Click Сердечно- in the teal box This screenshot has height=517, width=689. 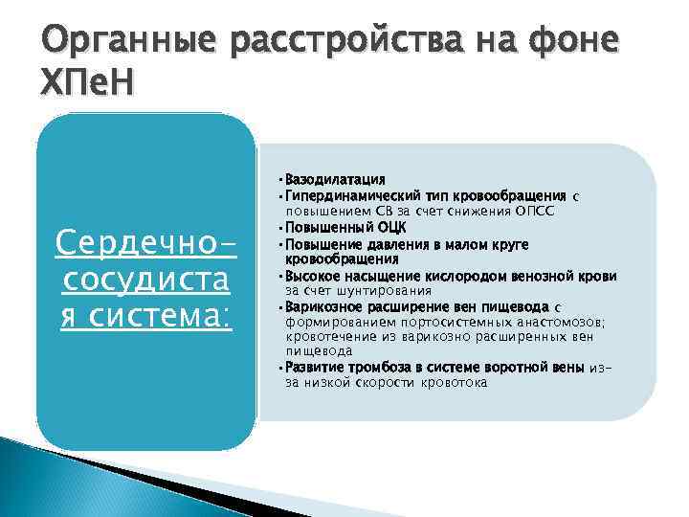[145, 245]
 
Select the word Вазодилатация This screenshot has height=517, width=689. [335, 179]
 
